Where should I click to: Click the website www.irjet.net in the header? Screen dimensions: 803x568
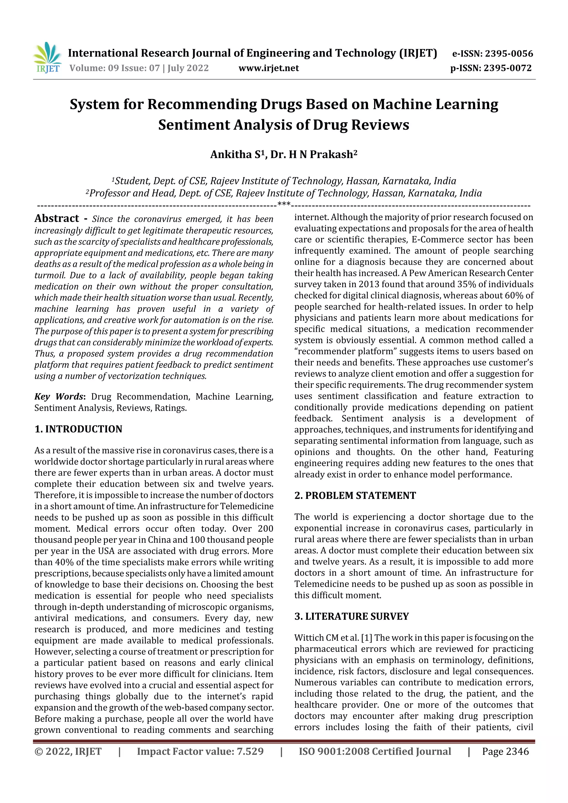pyautogui.click(x=268, y=68)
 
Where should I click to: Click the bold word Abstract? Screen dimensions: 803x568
pyautogui.click(x=57, y=219)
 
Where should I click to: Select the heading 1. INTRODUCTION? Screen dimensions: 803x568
pyautogui.click(x=78, y=429)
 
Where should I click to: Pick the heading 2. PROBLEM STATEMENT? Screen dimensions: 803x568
pyautogui.click(x=355, y=496)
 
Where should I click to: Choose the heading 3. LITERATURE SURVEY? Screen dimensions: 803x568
pyautogui.click(x=351, y=616)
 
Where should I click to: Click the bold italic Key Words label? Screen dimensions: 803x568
pyautogui.click(x=59, y=397)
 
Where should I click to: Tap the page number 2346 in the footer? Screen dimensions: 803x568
pyautogui.click(x=517, y=752)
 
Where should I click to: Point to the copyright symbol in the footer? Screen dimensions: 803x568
pyautogui.click(x=38, y=752)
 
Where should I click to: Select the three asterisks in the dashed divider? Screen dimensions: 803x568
pyautogui.click(x=283, y=204)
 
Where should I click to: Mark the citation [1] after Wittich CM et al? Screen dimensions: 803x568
pyautogui.click(x=366, y=638)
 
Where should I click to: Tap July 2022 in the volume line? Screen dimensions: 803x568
pyautogui.click(x=188, y=68)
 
